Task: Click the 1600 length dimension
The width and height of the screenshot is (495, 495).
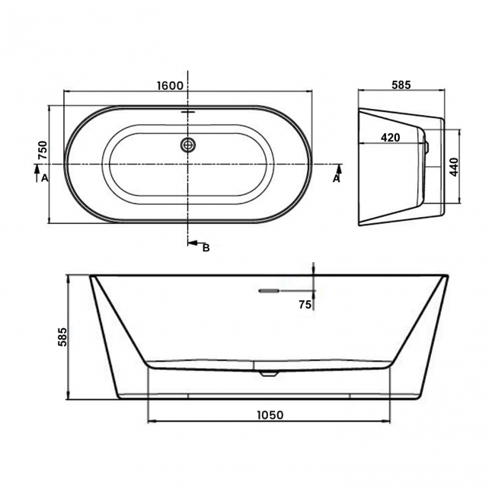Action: click(x=170, y=85)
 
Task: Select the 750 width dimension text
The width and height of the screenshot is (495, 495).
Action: click(x=43, y=151)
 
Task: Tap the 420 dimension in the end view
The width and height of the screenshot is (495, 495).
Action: click(x=391, y=137)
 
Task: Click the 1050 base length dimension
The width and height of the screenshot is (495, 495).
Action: click(x=269, y=415)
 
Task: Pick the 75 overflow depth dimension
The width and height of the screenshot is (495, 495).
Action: click(x=305, y=304)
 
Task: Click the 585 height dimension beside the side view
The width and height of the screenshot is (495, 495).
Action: click(x=62, y=337)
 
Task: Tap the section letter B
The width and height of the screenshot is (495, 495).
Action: click(x=205, y=247)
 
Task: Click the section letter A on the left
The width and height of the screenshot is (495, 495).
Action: click(x=44, y=178)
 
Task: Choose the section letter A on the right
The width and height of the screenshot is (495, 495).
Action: click(x=336, y=178)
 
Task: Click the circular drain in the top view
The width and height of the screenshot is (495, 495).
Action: click(x=188, y=144)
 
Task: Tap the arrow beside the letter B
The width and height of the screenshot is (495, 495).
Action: click(x=193, y=243)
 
